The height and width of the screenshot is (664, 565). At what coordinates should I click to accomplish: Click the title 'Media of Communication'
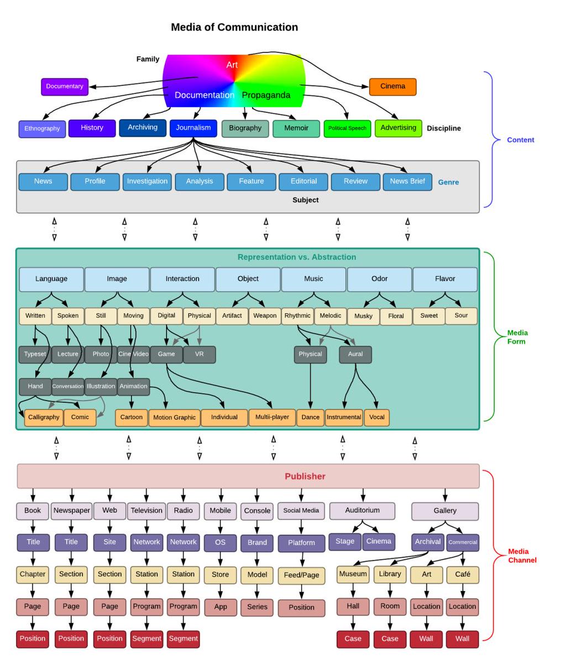tap(234, 27)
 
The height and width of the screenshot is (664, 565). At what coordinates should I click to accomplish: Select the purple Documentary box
tap(65, 86)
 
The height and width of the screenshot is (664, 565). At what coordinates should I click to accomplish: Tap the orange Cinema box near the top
tap(393, 86)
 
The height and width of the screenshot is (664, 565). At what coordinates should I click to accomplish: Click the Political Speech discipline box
tap(347, 128)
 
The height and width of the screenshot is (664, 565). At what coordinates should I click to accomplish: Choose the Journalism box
tap(193, 128)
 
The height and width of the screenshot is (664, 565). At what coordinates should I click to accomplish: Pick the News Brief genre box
tap(407, 181)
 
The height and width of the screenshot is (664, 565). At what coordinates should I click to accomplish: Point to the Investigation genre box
tap(147, 181)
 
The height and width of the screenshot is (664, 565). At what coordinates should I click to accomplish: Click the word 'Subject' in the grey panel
tap(305, 200)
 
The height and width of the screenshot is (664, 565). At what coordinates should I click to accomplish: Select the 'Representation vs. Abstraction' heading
tap(296, 257)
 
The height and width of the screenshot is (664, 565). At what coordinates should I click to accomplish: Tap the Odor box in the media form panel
tap(379, 279)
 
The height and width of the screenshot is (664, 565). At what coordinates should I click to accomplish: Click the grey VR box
tap(199, 354)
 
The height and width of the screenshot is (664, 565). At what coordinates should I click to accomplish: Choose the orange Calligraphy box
tap(44, 417)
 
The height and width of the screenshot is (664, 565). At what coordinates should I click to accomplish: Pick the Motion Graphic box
tap(174, 418)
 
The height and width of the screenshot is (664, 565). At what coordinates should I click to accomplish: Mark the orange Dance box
tap(310, 417)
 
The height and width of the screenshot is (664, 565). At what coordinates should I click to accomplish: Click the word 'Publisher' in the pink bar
tap(305, 476)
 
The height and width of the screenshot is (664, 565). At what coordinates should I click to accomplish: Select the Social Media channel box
tap(301, 511)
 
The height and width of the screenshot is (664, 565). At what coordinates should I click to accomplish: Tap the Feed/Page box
tap(301, 575)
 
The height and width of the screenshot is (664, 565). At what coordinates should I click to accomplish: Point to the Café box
tap(462, 574)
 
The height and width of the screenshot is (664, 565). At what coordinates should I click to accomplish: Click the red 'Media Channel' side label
tap(522, 556)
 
